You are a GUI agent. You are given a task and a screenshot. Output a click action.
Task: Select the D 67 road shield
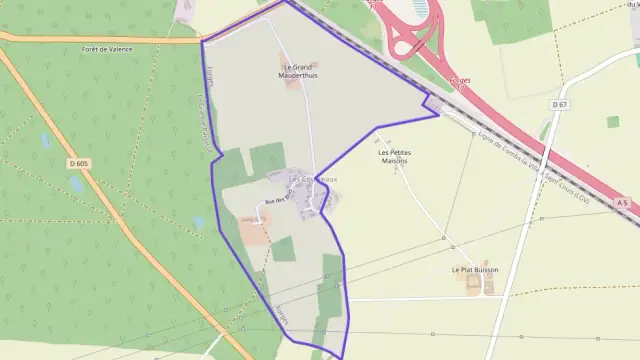coord(558,103)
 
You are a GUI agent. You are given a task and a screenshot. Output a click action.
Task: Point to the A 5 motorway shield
coord(622,203)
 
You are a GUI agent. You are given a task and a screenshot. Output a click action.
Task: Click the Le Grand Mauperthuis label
coord(294,71)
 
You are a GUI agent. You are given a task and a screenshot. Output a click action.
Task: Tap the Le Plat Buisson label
coord(475,269)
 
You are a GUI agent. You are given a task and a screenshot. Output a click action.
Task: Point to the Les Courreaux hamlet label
coord(313,179)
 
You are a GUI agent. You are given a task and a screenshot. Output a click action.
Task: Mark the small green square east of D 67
coord(612,122)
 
